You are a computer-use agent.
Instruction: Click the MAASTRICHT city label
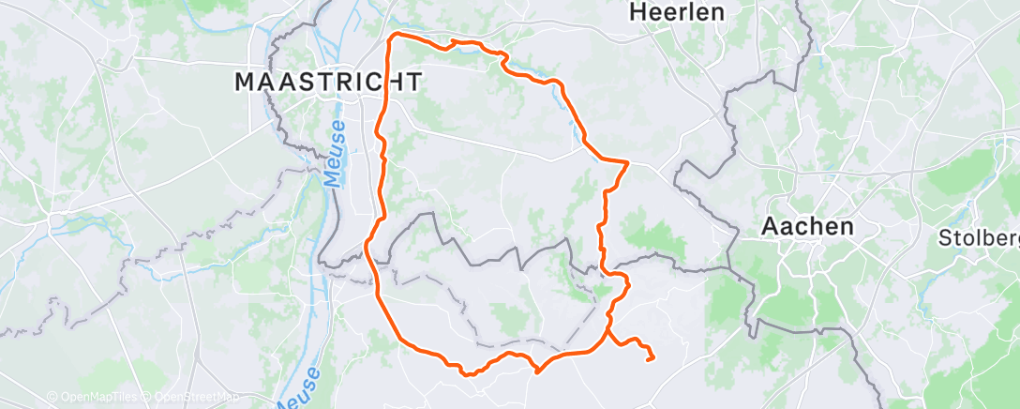327,82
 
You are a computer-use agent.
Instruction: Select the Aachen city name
807,226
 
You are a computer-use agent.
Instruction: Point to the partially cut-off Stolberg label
979,238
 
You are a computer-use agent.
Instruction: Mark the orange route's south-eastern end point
651,358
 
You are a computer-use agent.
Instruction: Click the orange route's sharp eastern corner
626,162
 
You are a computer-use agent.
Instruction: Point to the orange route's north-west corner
393,37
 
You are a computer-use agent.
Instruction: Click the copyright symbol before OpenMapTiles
52,398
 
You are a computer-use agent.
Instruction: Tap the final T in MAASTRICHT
412,82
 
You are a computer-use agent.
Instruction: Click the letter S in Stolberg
946,238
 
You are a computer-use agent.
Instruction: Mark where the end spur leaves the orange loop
607,330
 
